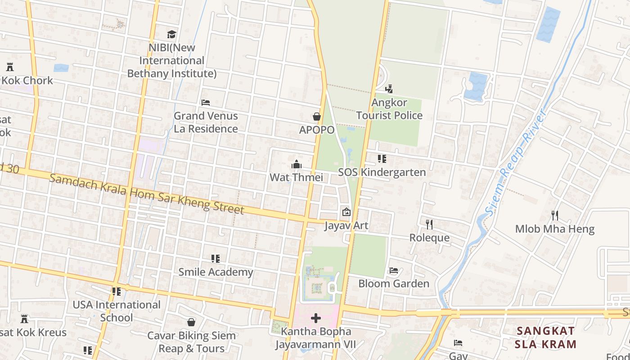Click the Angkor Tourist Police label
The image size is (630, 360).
pos(389,109)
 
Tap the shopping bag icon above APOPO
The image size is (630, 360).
pos(317,117)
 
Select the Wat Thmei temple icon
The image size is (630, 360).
pos(296,165)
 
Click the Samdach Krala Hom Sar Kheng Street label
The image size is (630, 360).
pos(147,194)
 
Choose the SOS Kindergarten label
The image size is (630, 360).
pos(382,172)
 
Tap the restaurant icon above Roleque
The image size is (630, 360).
pos(429,224)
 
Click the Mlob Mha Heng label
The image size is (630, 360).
pos(554,229)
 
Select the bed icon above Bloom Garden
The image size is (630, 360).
pos(394,270)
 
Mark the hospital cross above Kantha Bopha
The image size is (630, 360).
pos(316,318)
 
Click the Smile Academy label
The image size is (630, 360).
pos(216,272)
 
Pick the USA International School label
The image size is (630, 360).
pos(117,311)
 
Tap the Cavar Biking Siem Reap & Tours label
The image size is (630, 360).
pos(192,342)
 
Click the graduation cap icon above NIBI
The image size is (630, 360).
pos(171,35)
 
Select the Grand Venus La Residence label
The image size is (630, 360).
pos(206,122)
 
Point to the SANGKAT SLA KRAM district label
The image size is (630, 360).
pos(546,338)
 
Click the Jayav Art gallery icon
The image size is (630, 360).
pos(346,211)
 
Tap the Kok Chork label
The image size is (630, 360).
pos(28,81)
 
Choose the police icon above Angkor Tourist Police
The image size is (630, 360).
pos(389,89)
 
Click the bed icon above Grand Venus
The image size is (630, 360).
pos(206,103)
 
